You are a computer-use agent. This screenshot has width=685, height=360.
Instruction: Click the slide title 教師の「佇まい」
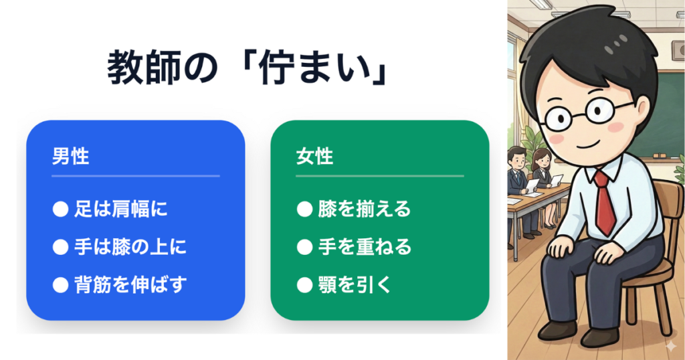248,69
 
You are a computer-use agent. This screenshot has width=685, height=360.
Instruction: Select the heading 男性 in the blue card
70,157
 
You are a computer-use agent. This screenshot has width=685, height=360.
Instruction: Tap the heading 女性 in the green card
314,157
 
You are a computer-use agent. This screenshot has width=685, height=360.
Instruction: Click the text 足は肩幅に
120,209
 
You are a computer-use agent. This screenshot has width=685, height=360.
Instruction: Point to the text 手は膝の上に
130,247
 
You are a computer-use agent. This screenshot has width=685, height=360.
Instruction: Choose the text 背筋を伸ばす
130,285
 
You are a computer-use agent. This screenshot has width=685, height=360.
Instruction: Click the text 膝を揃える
365,209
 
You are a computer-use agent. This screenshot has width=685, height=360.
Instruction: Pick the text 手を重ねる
365,247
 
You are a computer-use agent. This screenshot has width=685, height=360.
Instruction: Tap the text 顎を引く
355,285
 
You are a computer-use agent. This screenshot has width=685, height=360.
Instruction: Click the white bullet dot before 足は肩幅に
60,209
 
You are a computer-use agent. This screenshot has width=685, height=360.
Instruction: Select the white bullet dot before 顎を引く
304,285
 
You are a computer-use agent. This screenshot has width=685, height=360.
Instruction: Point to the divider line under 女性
380,176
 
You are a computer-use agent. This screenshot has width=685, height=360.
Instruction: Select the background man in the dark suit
518,188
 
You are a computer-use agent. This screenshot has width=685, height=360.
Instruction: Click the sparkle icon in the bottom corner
670,347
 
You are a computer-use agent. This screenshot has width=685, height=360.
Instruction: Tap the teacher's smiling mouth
588,144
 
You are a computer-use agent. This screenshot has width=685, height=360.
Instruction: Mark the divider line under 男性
135,176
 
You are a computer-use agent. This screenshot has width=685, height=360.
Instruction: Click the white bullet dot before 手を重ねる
304,248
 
